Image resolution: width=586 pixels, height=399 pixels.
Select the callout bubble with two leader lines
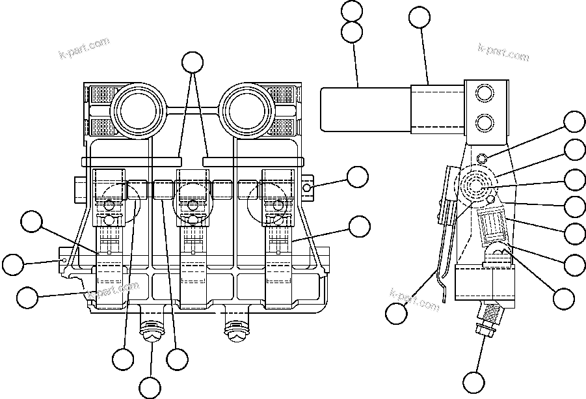(192, 62)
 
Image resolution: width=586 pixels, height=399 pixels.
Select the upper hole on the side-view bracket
(484, 95)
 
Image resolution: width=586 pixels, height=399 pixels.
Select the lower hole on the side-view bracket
(484, 121)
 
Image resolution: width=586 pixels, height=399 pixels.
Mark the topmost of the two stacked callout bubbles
(353, 11)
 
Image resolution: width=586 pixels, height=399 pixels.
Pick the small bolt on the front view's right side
(308, 189)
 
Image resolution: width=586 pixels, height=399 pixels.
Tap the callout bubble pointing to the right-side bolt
(357, 176)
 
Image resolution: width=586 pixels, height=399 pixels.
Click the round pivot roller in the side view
(478, 186)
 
